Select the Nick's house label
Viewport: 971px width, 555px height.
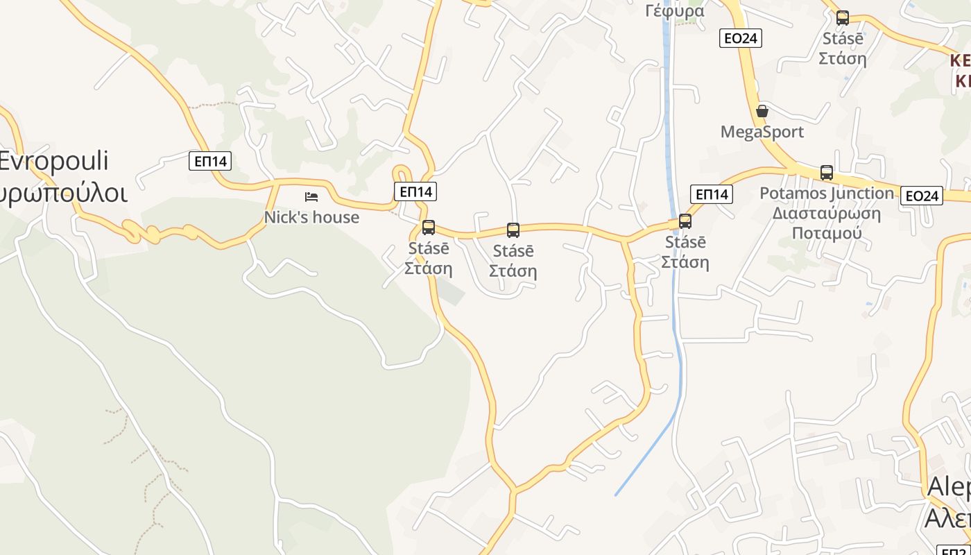311,217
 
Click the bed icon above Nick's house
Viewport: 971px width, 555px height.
311,197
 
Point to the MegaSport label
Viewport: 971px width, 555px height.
762,132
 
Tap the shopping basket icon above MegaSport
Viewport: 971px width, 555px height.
762,111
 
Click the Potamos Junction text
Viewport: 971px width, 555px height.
827,193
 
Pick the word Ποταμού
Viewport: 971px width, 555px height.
827,232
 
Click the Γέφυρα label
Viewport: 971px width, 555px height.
674,10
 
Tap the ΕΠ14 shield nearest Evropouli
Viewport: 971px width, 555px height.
210,162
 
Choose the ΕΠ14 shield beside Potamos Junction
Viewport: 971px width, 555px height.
712,194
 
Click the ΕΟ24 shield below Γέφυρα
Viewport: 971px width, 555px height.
740,38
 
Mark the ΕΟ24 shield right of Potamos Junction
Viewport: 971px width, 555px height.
922,196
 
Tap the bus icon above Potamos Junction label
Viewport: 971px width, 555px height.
827,172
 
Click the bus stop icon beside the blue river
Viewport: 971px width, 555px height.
685,221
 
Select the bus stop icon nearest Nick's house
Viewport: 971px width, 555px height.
429,227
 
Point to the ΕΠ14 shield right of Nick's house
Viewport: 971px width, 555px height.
415,191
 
